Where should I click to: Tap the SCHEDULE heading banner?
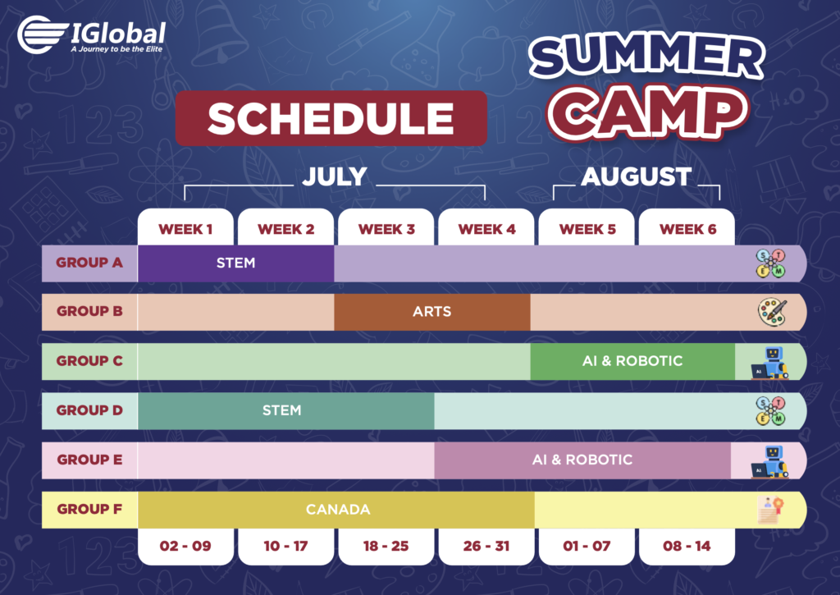331,118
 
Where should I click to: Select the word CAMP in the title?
647,113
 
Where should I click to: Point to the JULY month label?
335,176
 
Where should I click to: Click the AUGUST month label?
637,176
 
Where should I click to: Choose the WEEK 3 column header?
386,230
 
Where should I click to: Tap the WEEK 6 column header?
687,230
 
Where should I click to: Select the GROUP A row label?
89,263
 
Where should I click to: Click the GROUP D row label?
89,410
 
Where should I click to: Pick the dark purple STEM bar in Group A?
235,263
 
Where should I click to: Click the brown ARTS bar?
431,312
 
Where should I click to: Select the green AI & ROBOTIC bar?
632,361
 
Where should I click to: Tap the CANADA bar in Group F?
336,509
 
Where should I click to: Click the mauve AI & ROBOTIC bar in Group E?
582,460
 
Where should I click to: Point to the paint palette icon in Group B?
772,312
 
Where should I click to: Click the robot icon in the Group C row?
769,363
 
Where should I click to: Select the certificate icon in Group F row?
770,510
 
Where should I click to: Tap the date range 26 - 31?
486,547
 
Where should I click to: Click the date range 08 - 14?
687,547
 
